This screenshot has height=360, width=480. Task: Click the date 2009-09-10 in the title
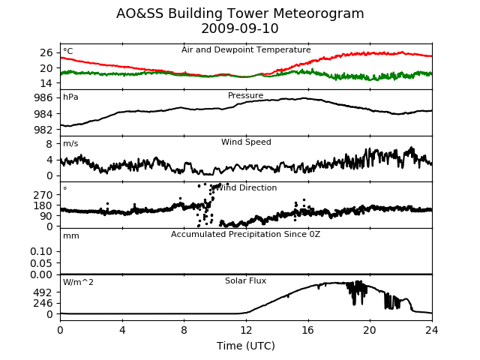tap(240, 28)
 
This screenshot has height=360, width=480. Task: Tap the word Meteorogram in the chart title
tap(318, 13)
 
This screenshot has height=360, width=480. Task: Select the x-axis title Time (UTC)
tap(246, 346)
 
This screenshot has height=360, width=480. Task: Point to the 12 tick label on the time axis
tap(246, 330)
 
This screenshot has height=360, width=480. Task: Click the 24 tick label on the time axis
tap(432, 330)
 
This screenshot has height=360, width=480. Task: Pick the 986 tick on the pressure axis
tap(43, 98)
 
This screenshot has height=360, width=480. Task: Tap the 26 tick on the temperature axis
tap(46, 53)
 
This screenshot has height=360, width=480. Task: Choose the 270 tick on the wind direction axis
tap(43, 195)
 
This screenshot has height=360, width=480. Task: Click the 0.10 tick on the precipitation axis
tap(41, 252)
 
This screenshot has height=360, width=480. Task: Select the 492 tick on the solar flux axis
tap(43, 293)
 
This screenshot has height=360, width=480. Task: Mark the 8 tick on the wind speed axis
tap(49, 144)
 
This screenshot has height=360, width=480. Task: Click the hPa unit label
tap(70, 97)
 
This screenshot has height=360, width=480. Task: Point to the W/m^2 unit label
tap(78, 282)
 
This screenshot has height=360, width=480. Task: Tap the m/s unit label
tap(70, 143)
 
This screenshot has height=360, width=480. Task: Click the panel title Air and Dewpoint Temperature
tap(246, 50)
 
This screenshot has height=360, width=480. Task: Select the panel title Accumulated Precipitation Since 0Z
tap(245, 235)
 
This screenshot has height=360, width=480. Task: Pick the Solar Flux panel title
tap(245, 280)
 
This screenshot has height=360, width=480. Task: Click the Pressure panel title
tap(245, 95)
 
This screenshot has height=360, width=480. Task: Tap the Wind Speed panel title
tap(246, 142)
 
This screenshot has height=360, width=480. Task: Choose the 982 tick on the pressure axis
tap(43, 130)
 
